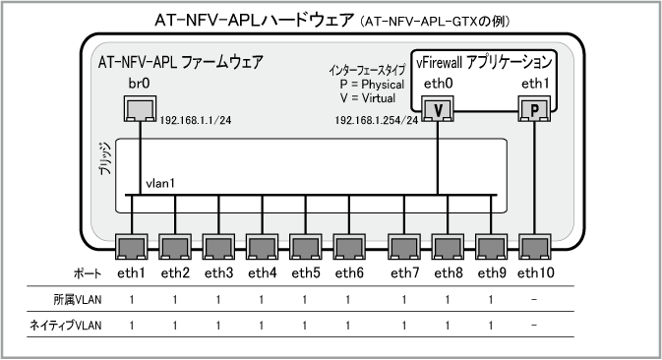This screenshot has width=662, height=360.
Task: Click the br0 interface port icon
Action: (140, 109)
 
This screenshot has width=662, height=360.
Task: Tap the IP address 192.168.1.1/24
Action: (196, 120)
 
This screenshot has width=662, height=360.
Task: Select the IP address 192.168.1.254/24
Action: (377, 120)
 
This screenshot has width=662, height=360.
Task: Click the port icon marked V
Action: (438, 109)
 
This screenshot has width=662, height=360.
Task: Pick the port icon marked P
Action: (534, 109)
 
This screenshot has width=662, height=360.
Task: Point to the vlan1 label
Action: (160, 184)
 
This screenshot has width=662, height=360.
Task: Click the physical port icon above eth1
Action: (132, 247)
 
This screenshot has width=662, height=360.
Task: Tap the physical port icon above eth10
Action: (534, 247)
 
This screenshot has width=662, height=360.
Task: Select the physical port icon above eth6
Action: (349, 247)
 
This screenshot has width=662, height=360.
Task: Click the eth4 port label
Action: (263, 273)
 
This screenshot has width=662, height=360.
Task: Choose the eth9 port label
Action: (492, 273)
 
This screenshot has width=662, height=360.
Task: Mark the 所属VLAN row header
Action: (78, 300)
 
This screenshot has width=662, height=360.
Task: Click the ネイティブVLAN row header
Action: (66, 326)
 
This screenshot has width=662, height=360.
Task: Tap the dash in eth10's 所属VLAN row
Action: (534, 300)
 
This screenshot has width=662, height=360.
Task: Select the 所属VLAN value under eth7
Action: (404, 300)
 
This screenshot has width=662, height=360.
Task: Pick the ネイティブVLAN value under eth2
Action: (175, 326)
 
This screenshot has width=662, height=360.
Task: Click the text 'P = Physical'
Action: (373, 85)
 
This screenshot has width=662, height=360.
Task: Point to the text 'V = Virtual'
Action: (368, 98)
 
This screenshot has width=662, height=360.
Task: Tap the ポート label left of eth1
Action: (88, 273)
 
